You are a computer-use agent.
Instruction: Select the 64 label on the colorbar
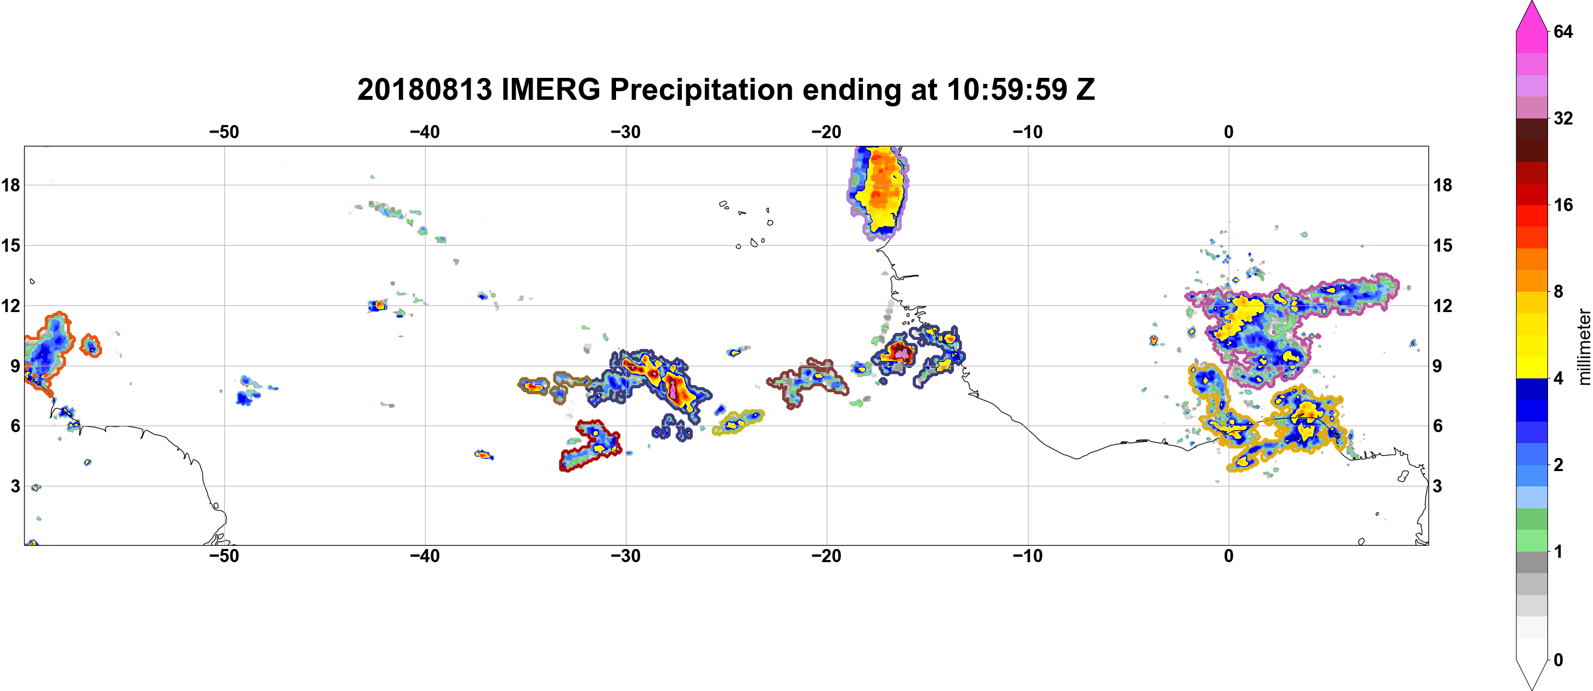coord(1563,31)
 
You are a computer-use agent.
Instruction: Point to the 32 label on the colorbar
coord(1563,118)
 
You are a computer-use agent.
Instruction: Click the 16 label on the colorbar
coord(1563,205)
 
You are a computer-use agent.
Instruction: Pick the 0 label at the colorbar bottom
coord(1558,660)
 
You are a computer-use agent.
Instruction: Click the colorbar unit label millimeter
coord(1584,347)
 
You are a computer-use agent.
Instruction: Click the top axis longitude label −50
coord(224,132)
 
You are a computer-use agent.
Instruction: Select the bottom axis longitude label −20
coord(827,556)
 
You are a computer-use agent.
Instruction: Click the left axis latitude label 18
coord(10,185)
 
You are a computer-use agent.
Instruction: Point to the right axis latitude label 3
coord(1437,486)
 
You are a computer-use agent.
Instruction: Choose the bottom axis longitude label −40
coord(425,556)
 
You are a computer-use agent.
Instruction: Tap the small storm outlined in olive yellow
coord(738,422)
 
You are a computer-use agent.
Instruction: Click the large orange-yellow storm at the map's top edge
coord(879,191)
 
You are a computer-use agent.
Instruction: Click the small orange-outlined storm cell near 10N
coord(91,346)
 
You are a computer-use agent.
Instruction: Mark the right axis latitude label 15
coord(1442,245)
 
